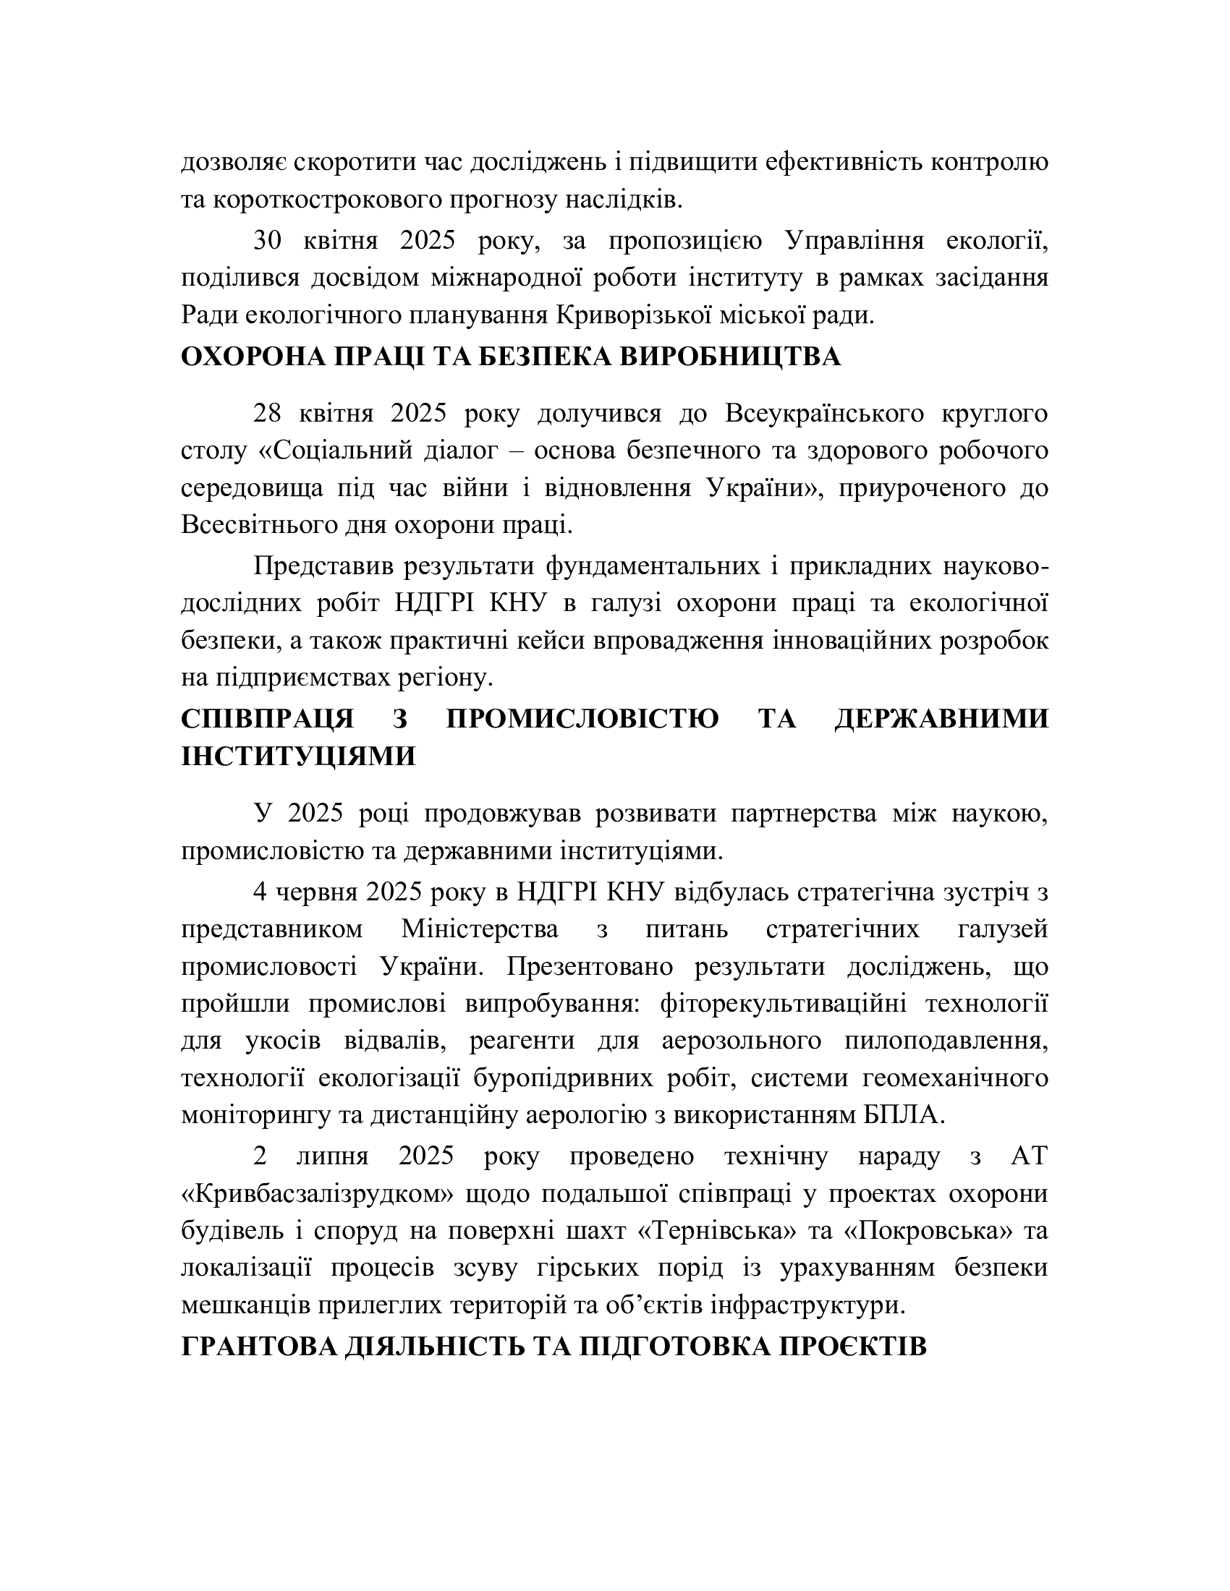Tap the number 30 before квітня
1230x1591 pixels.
point(268,241)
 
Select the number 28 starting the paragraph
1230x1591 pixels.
point(268,414)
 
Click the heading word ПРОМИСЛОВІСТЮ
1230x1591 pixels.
point(582,718)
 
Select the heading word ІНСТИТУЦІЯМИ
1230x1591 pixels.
point(299,756)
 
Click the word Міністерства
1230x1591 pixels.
point(480,929)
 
